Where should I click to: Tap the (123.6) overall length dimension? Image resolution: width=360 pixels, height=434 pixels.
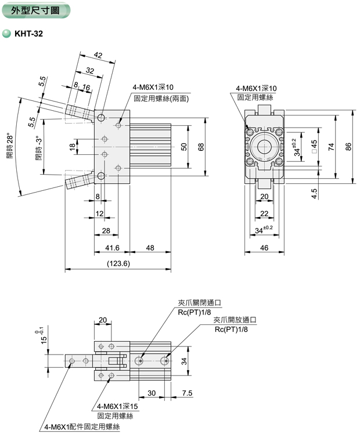click(118, 263)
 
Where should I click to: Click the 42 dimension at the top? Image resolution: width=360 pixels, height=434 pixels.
click(98, 56)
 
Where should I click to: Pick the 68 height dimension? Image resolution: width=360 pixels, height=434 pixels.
click(201, 147)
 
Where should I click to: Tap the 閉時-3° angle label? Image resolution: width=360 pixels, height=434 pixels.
click(39, 149)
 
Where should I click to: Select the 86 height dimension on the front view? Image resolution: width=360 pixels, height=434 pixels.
click(348, 147)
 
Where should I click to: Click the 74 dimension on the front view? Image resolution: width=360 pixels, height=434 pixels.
click(331, 147)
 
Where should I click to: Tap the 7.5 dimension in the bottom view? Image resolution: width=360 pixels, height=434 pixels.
click(187, 393)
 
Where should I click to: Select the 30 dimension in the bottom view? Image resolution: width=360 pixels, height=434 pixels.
click(152, 393)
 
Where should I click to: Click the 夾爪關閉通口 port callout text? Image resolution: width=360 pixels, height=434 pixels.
click(200, 303)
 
